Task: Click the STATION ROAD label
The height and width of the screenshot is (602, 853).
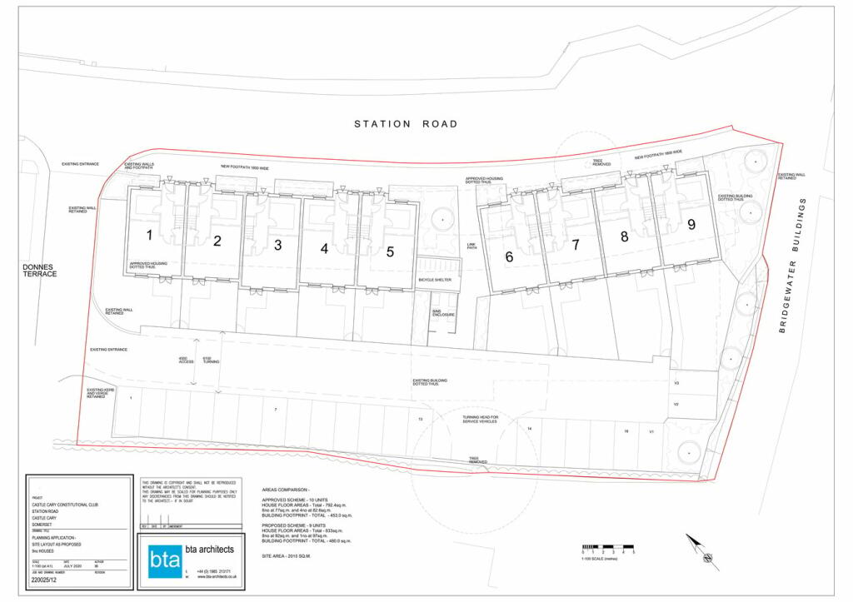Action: pyautogui.click(x=406, y=124)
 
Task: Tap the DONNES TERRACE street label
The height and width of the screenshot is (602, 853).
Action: pyautogui.click(x=38, y=267)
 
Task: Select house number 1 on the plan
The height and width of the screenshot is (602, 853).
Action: pyautogui.click(x=149, y=236)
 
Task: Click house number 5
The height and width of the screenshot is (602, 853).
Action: pyautogui.click(x=390, y=252)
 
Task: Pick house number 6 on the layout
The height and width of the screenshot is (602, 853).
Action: pyautogui.click(x=509, y=257)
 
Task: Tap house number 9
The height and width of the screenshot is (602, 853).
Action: pyautogui.click(x=691, y=224)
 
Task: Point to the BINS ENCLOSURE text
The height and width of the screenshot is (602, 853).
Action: pyautogui.click(x=441, y=313)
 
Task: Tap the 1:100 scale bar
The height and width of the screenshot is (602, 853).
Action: pyautogui.click(x=608, y=550)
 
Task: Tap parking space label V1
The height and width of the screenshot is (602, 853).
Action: pyautogui.click(x=652, y=432)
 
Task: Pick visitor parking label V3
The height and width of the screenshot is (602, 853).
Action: pyautogui.click(x=677, y=383)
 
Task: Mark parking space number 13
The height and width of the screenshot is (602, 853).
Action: pyautogui.click(x=421, y=419)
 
